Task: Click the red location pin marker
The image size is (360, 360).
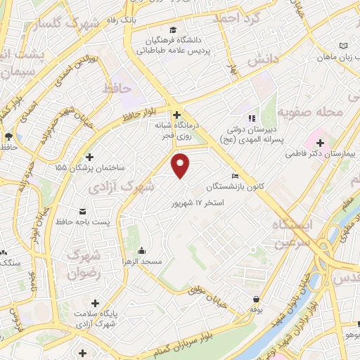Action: pyautogui.click(x=181, y=165)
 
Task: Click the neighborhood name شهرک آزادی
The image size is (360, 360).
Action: pyautogui.click(x=122, y=187)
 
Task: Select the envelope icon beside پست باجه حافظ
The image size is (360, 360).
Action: pyautogui.click(x=82, y=212)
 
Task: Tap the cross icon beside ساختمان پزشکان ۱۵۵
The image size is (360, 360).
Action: pyautogui.click(x=89, y=157)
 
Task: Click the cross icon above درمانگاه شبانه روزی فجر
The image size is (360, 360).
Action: pyautogui.click(x=176, y=114)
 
